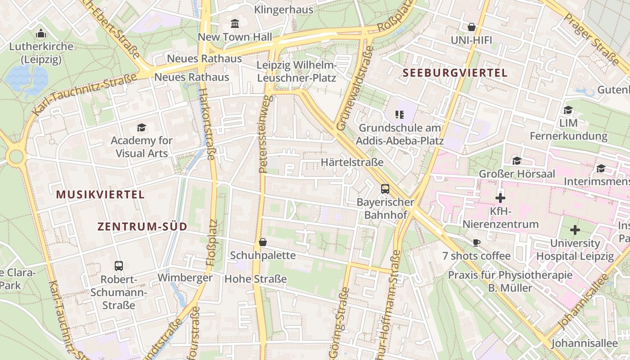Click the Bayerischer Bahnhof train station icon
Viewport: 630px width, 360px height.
385,189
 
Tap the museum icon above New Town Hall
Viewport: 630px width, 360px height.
235,23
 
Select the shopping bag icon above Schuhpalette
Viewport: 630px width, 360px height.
263,243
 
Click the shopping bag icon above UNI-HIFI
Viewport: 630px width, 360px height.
471,27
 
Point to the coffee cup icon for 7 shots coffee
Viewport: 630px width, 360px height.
477,243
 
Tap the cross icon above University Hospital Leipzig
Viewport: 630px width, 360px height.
575,230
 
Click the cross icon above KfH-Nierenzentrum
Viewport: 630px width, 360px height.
500,198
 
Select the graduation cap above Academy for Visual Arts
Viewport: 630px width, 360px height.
141,128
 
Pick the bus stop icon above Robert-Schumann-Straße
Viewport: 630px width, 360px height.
118,266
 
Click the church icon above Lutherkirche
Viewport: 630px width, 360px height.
41,33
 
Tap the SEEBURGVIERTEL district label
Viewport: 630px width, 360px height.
455,73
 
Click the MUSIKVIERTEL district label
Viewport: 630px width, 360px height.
100,195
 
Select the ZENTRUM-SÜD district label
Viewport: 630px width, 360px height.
142,227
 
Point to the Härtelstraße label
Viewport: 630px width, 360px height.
352,162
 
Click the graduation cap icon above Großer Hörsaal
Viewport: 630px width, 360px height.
517,161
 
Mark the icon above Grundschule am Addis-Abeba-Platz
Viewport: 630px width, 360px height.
399,115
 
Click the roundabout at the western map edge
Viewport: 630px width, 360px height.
16,157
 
